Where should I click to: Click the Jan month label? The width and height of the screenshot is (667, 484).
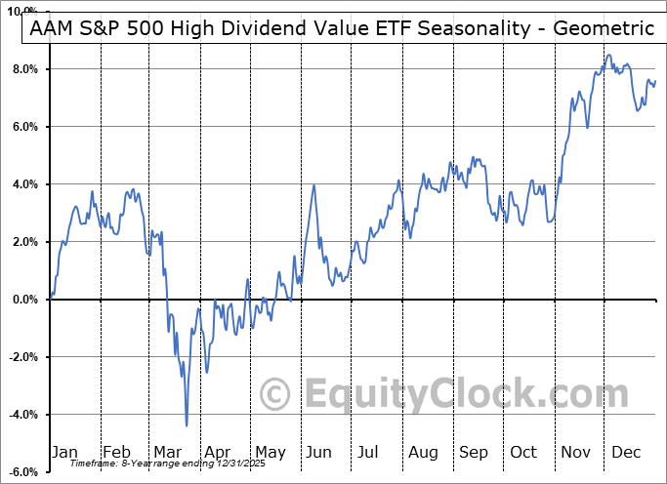click(x=64, y=452)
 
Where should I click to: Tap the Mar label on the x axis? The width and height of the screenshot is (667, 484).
click(x=167, y=452)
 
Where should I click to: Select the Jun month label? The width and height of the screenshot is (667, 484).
click(x=319, y=452)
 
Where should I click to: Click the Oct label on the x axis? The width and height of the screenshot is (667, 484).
click(x=524, y=452)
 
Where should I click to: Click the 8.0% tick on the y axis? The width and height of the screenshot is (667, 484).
click(x=25, y=69)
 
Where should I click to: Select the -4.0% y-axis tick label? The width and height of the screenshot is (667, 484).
click(x=23, y=415)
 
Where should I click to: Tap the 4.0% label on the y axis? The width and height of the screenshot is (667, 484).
click(x=25, y=184)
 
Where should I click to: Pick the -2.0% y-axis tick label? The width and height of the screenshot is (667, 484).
click(x=23, y=357)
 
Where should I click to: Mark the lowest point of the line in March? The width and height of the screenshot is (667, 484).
click(x=187, y=425)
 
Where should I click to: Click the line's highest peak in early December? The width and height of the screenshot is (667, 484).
click(x=608, y=56)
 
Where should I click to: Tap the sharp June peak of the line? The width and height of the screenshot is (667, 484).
click(x=314, y=185)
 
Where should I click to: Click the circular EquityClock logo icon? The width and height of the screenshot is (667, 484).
click(x=276, y=394)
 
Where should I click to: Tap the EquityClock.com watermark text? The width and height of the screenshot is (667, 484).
click(x=453, y=394)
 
